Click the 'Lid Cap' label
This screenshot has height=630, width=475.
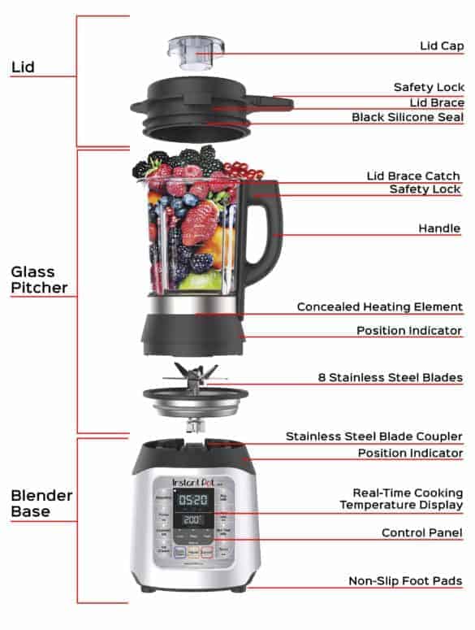[441, 46]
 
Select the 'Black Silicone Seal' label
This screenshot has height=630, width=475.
[407, 117]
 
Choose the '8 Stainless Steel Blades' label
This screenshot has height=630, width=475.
[390, 378]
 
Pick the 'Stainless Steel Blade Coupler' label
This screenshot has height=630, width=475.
[374, 437]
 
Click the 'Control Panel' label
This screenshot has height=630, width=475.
[422, 533]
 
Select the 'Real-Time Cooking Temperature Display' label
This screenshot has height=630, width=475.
[408, 499]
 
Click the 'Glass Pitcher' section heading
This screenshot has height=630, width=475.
[39, 279]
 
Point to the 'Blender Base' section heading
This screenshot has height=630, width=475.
[41, 503]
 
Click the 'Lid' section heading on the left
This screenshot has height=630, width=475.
[22, 67]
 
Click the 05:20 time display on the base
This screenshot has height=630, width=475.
[193, 500]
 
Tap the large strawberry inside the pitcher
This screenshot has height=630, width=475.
[200, 223]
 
